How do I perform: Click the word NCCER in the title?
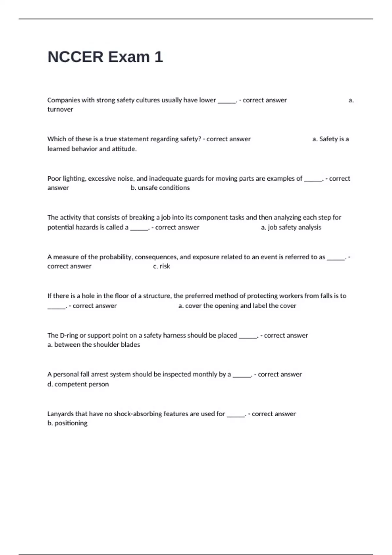tap(75, 57)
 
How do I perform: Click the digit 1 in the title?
tap(158, 57)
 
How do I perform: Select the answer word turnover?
tap(60, 109)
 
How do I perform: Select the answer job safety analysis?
tap(294, 227)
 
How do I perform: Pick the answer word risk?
tap(165, 266)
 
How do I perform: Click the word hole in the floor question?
tap(88, 296)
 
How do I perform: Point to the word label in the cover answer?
tap(260, 306)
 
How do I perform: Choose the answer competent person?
tap(81, 384)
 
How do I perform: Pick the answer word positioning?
tap(71, 423)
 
